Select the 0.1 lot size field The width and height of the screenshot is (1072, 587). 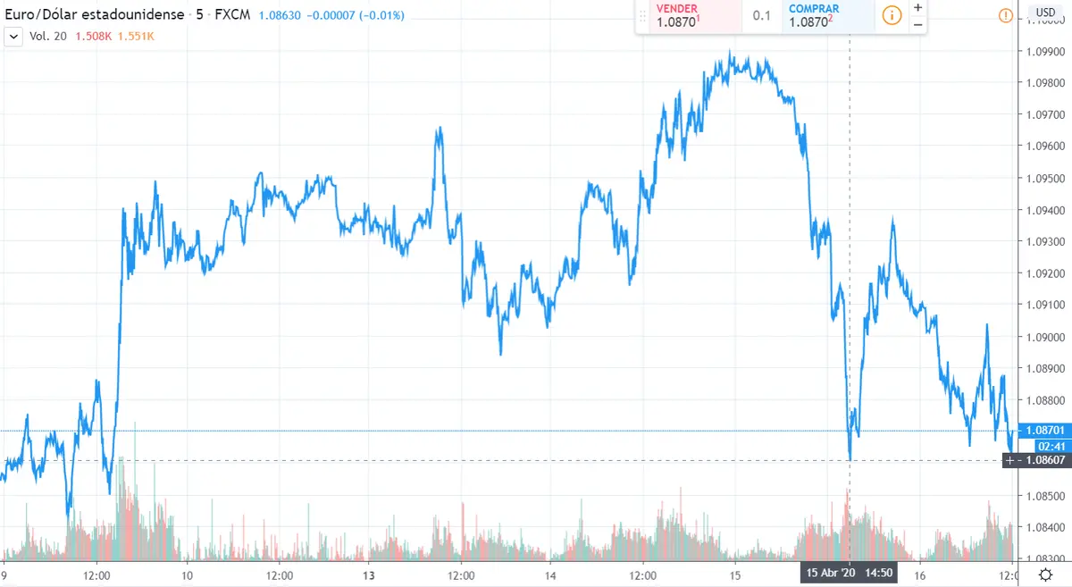[761, 15]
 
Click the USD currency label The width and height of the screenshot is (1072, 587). [1044, 12]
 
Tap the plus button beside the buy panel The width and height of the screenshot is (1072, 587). [917, 7]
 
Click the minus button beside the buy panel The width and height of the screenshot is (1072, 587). [917, 24]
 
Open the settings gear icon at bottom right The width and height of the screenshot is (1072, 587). [1044, 574]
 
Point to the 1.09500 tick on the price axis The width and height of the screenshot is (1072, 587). [1043, 178]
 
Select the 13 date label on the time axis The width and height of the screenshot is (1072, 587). [368, 574]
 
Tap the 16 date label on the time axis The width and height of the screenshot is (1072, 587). [917, 574]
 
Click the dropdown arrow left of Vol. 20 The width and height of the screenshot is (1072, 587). [13, 37]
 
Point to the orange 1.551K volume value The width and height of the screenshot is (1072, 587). [136, 37]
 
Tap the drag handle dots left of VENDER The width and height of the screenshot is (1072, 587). [643, 15]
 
